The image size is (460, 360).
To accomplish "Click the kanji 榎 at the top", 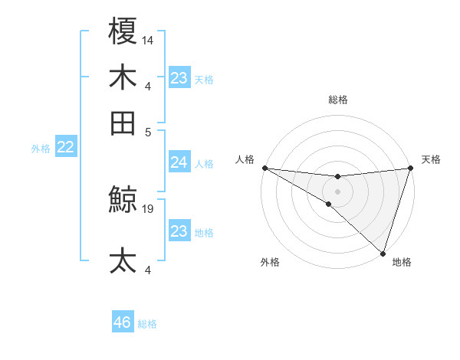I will coord(123,31).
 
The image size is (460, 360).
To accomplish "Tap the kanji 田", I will coord(123,123).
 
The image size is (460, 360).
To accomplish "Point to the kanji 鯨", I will coord(123,201).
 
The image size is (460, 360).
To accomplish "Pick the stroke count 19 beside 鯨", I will coord(149,208).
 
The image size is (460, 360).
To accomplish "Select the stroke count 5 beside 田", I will coord(149,131).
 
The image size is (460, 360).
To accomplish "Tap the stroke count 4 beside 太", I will coord(149,270).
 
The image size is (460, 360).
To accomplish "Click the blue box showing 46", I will coord(123,322).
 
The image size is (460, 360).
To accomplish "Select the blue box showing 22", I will coord(65,148).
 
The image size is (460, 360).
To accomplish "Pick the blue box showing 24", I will coord(179,162).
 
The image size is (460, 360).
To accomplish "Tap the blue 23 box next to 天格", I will coord(179,78).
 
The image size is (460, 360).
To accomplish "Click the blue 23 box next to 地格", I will coord(179,231).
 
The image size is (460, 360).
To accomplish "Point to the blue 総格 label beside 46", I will coord(147,324).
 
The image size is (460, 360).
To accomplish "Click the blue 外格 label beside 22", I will coord(41,149).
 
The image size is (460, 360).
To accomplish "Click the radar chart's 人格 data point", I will coord(264,168).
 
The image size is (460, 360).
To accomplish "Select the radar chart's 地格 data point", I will coord(383,253).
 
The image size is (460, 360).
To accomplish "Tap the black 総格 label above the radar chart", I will coord(337,100).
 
